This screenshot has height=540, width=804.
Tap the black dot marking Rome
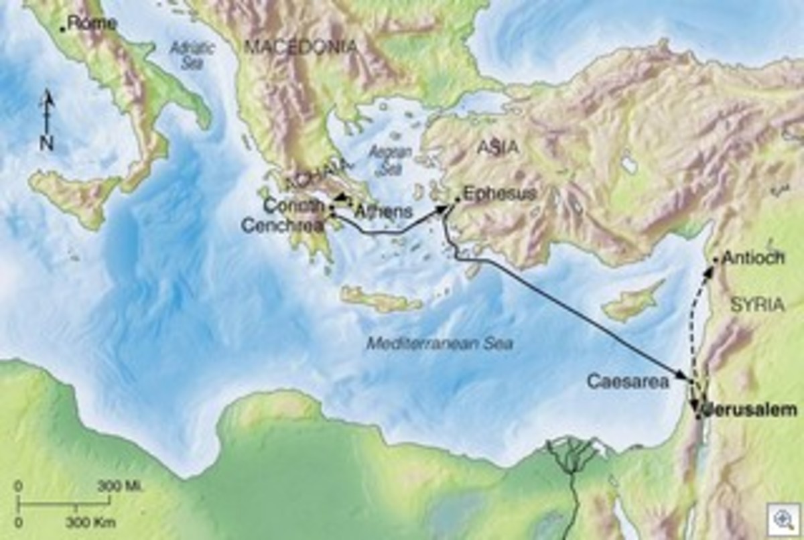62,28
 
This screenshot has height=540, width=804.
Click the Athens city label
383,212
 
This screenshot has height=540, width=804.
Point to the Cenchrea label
287,226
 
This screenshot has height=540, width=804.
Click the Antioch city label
754,258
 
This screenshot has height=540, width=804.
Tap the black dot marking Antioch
716,258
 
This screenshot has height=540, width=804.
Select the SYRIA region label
757,304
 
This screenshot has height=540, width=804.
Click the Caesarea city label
628,382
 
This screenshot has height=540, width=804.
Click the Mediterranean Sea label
440,344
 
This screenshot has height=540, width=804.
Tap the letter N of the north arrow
46,142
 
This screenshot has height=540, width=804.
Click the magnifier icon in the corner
783,520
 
